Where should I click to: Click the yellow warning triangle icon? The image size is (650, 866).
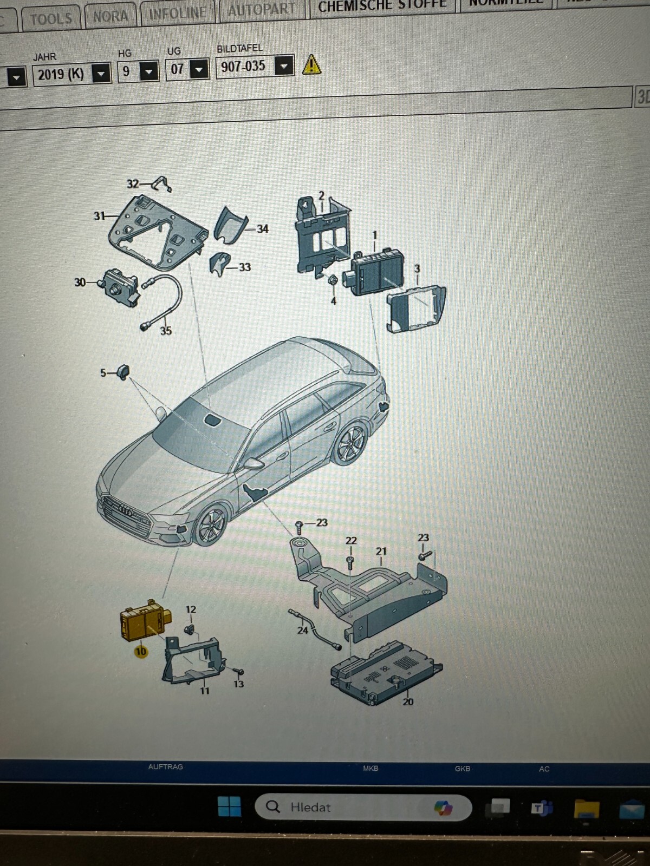tap(311, 65)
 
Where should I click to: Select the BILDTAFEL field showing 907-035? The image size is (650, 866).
tap(243, 67)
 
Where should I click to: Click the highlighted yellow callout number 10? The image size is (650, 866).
tap(141, 651)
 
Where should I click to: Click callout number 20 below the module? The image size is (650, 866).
tap(408, 701)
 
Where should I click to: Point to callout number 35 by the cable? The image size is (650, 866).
tap(166, 330)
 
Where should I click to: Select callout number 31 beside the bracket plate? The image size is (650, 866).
tap(99, 216)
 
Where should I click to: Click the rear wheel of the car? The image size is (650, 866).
tap(350, 444)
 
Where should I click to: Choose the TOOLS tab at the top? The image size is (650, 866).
tap(51, 19)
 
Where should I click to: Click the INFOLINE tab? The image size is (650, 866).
tap(178, 13)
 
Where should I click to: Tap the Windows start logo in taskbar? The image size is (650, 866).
tap(229, 806)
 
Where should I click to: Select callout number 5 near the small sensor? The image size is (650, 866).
tap(103, 372)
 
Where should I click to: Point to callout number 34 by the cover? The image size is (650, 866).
tap(263, 229)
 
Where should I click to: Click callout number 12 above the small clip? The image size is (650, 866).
tap(191, 609)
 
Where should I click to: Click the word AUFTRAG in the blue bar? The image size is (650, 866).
tap(166, 766)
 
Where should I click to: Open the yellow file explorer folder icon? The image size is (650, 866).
tap(587, 809)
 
